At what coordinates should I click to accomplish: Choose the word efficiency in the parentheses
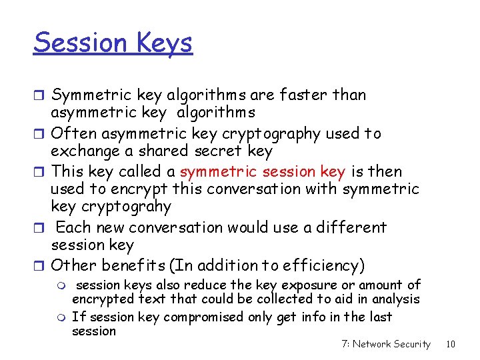click(x=323, y=265)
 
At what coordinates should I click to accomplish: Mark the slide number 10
click(x=451, y=344)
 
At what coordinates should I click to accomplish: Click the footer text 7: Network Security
click(x=386, y=344)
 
